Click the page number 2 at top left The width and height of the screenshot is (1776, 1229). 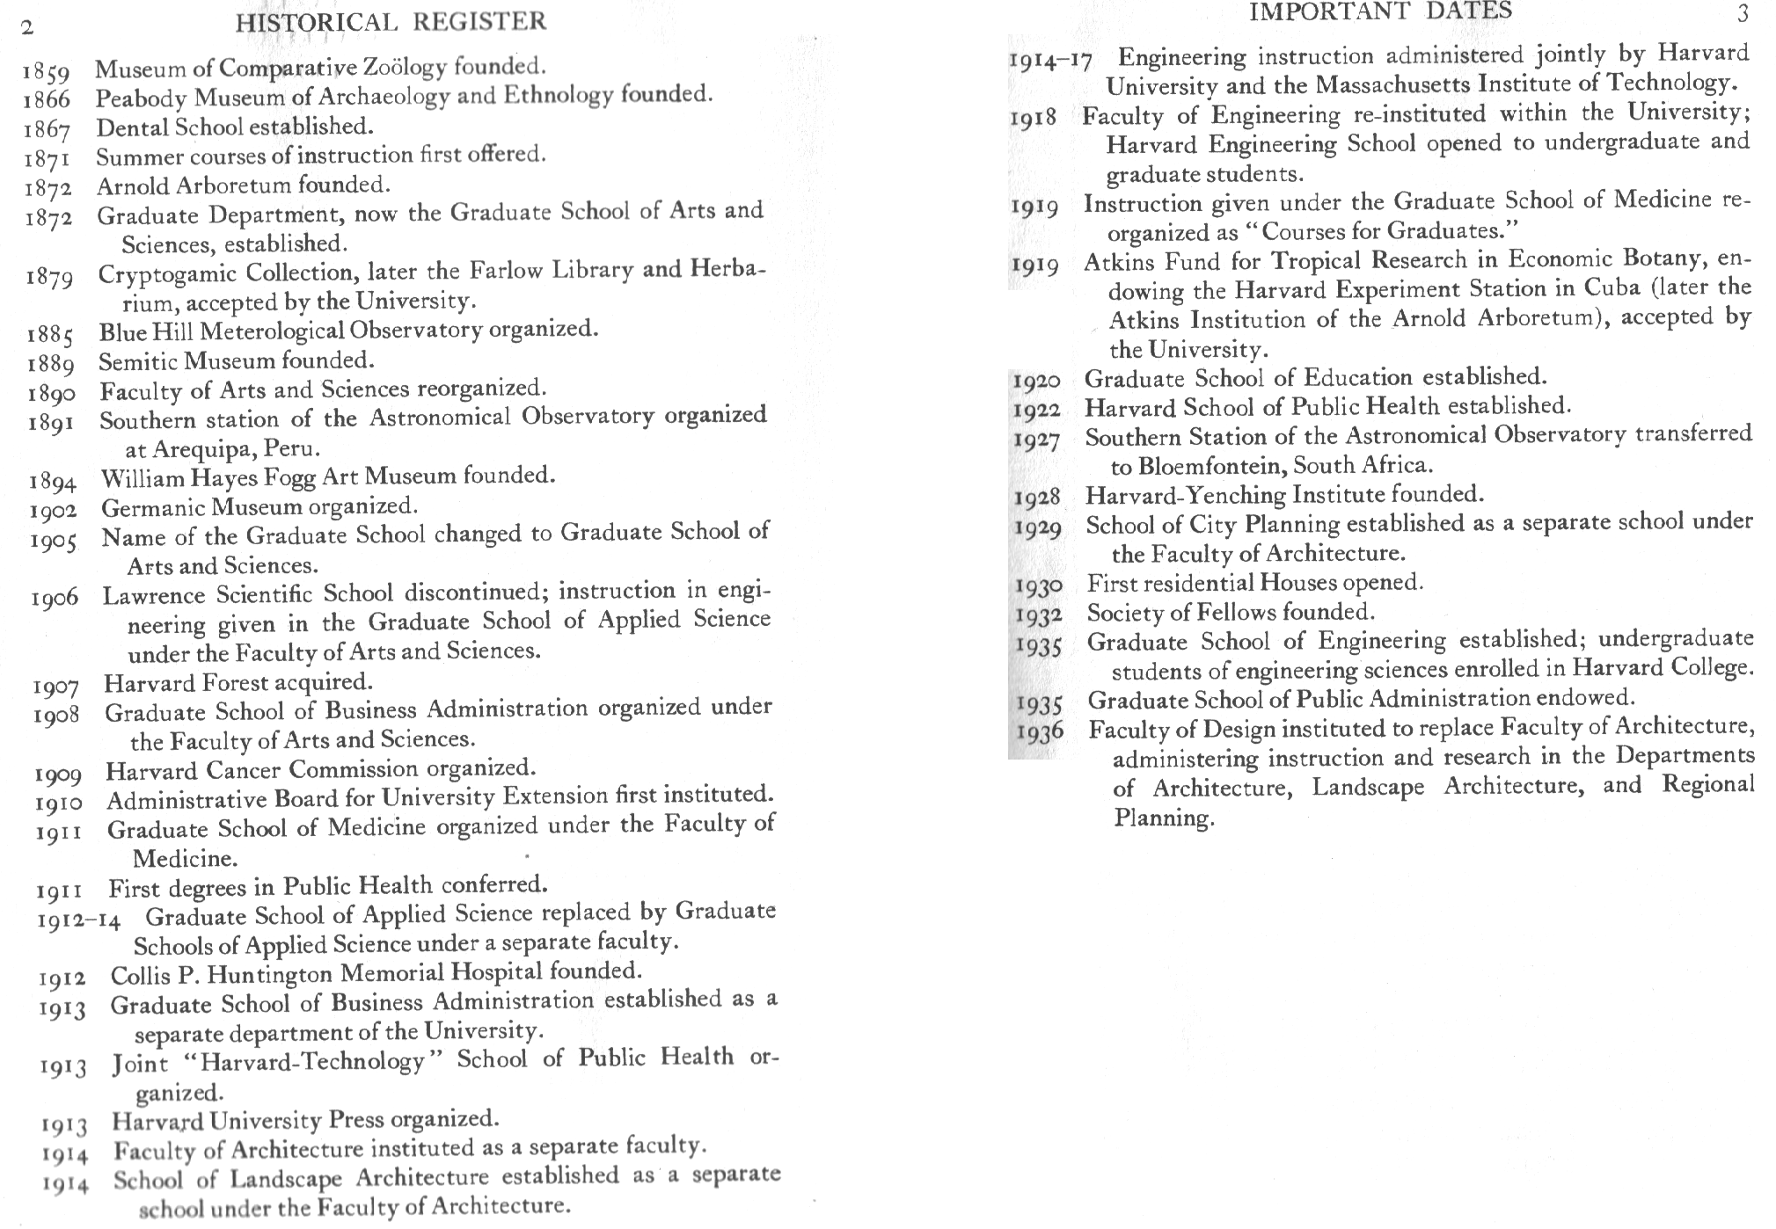pos(27,27)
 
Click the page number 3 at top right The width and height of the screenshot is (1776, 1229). pos(1743,13)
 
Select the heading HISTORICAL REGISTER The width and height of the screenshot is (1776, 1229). pos(391,21)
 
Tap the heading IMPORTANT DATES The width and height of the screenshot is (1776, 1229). pos(1380,11)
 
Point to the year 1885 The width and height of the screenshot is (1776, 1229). pos(50,336)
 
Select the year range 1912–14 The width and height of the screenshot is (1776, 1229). pos(79,920)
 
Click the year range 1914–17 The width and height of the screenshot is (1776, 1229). pos(1050,61)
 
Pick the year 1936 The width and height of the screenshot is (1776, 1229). pos(1040,732)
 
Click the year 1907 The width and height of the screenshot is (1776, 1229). pos(56,686)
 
